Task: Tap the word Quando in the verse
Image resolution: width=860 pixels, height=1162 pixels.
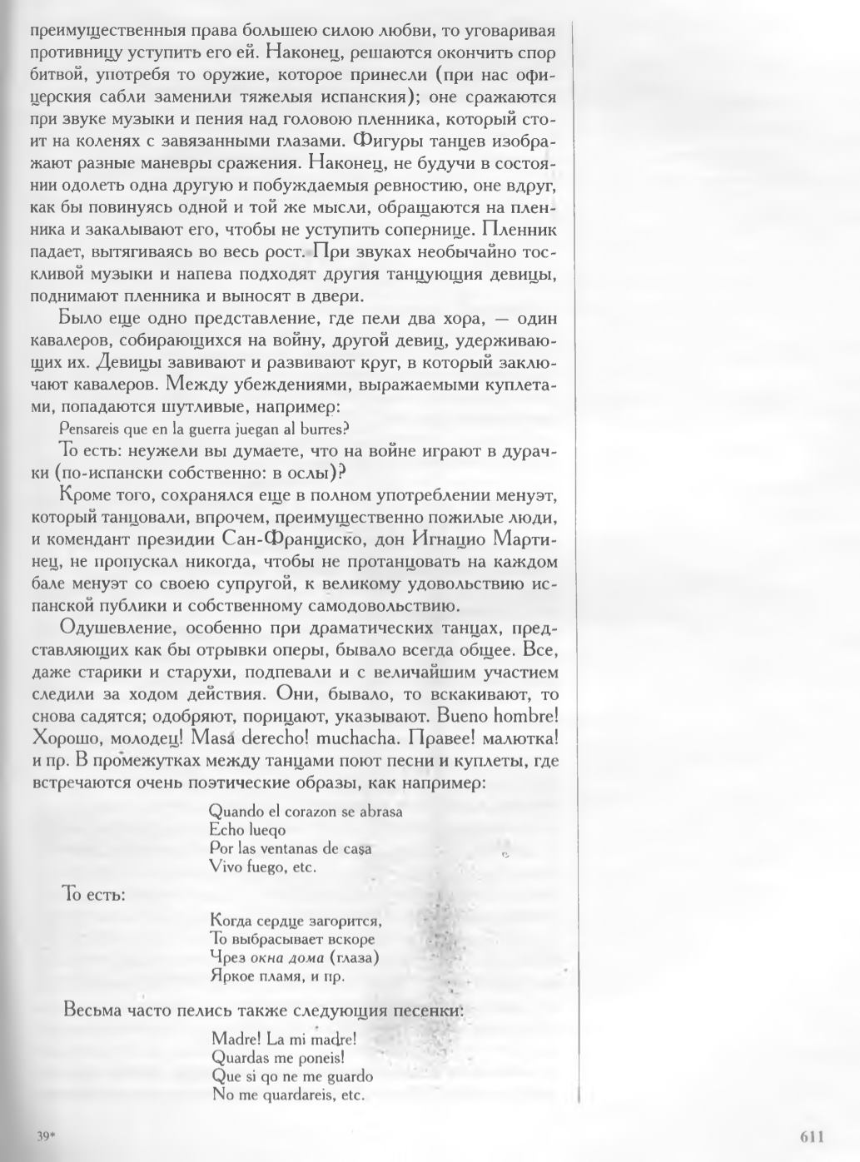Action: [236, 810]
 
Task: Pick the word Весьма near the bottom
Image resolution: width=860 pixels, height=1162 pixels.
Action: [93, 1012]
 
